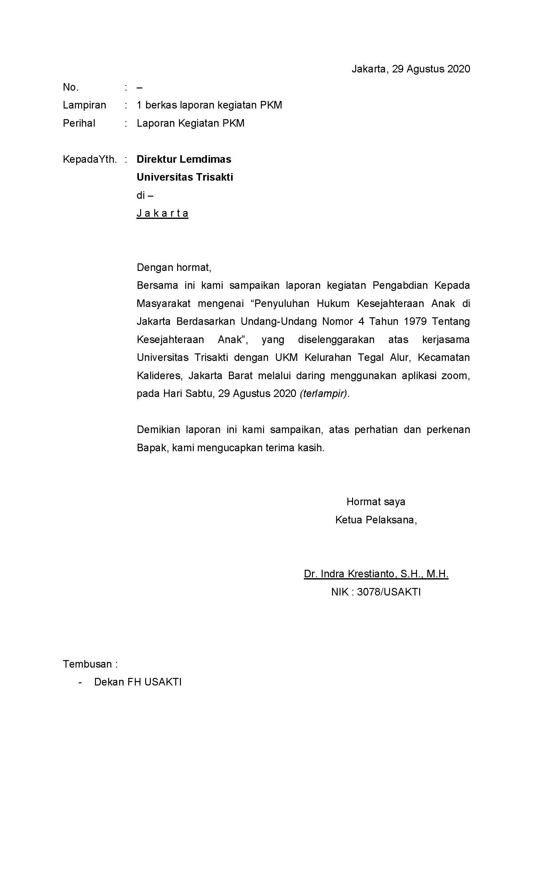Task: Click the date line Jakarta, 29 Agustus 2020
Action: (x=410, y=69)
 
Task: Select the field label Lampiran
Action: (x=84, y=105)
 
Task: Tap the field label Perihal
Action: (x=79, y=123)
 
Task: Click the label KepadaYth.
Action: (x=90, y=159)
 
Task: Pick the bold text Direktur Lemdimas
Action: (x=184, y=159)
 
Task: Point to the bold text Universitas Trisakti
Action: (x=185, y=177)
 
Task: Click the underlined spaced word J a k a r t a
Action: (x=162, y=213)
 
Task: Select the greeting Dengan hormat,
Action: (x=174, y=267)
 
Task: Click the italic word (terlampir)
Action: (x=324, y=394)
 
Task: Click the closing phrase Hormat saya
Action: (x=376, y=502)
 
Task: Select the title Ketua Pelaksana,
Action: (x=376, y=520)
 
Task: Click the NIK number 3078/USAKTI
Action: (x=389, y=592)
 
